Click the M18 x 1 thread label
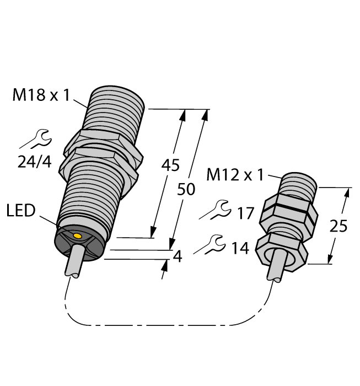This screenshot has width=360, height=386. pyautogui.click(x=41, y=95)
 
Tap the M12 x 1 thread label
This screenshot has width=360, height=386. pyautogui.click(x=235, y=175)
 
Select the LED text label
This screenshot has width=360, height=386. pyautogui.click(x=21, y=211)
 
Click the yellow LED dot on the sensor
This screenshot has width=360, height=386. pyautogui.click(x=78, y=237)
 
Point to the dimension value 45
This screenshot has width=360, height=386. pyautogui.click(x=170, y=165)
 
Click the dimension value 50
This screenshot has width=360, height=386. pyautogui.click(x=186, y=189)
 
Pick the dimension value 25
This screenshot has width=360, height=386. pyautogui.click(x=338, y=226)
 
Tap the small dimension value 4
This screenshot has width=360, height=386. pyautogui.click(x=178, y=256)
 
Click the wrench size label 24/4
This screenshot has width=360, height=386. pyautogui.click(x=34, y=162)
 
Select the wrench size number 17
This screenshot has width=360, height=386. pyautogui.click(x=245, y=213)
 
